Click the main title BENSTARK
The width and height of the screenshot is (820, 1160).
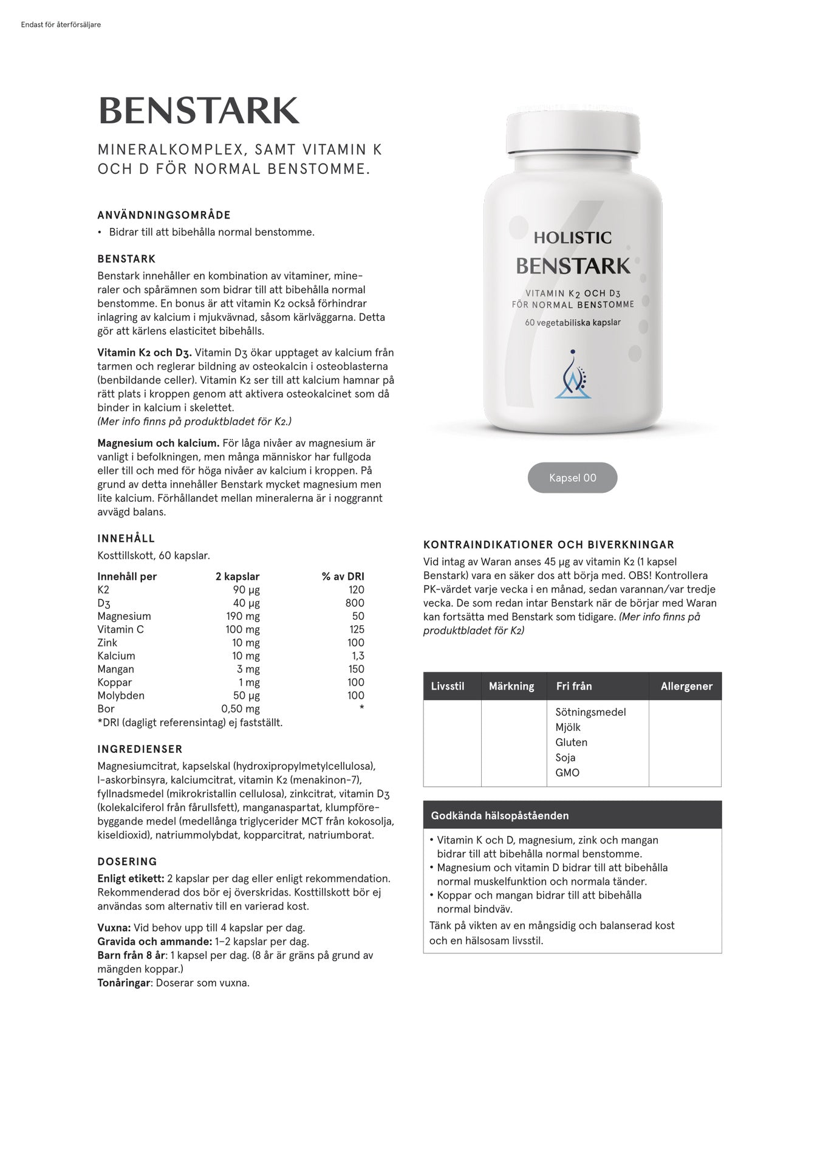[x=199, y=111]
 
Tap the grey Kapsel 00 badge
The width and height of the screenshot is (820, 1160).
[x=572, y=478]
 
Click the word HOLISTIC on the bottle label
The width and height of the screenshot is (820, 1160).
[x=573, y=238]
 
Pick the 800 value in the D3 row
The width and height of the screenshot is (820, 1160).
[x=355, y=603]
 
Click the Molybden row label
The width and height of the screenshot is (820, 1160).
[x=121, y=695]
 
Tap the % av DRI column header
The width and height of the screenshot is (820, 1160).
[x=343, y=576]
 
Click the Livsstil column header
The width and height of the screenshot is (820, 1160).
[x=448, y=686]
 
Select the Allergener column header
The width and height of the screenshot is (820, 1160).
[x=686, y=686]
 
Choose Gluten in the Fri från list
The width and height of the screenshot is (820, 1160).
[x=571, y=742]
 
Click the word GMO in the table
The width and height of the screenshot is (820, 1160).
[x=567, y=772]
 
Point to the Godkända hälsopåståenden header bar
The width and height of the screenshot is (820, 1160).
[x=572, y=815]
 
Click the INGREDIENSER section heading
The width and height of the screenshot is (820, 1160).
[x=140, y=749]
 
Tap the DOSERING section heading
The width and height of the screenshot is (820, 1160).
[x=127, y=862]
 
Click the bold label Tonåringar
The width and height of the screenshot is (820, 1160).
[x=124, y=983]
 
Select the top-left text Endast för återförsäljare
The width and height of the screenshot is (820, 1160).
[x=61, y=25]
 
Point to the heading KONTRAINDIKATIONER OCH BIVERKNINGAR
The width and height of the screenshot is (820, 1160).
[x=548, y=545]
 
